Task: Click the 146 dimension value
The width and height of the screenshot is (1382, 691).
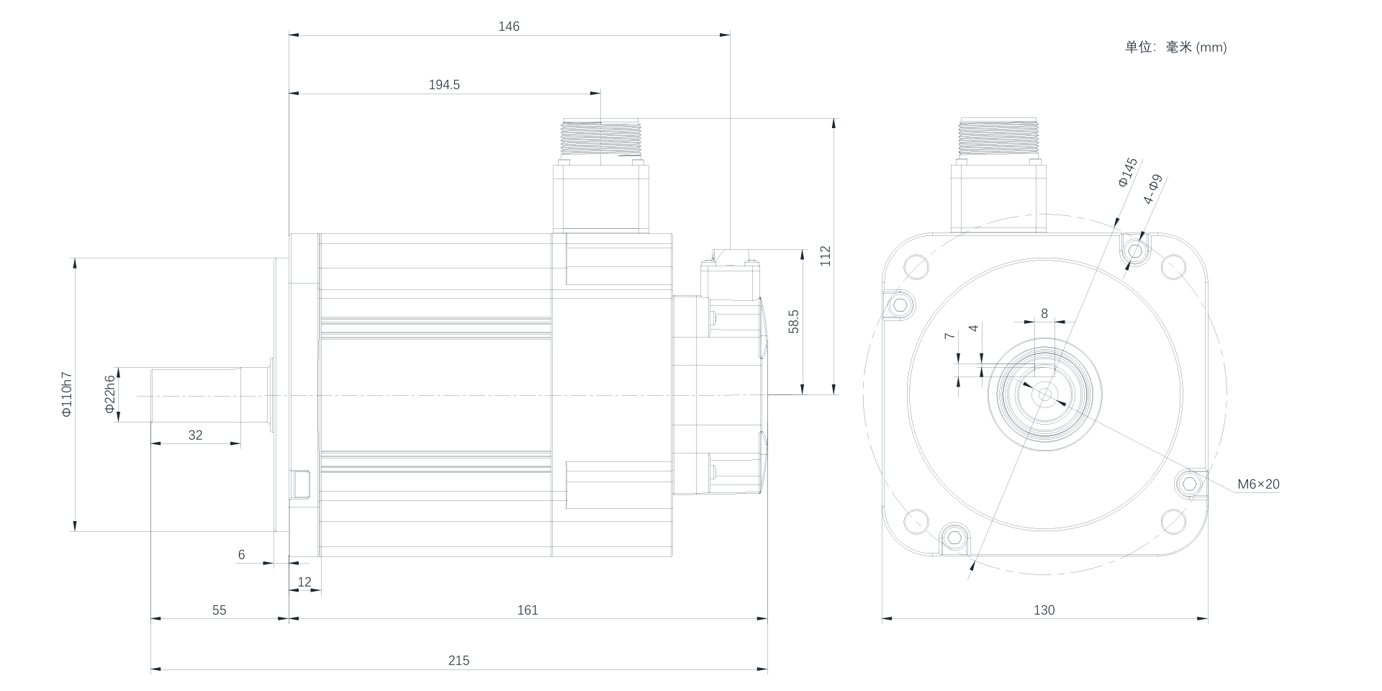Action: [508, 27]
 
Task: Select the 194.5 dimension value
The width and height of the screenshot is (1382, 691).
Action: [444, 85]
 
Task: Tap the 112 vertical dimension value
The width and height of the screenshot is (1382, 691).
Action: [826, 256]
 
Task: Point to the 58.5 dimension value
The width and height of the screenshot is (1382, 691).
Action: [793, 322]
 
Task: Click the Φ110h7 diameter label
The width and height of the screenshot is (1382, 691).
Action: [66, 394]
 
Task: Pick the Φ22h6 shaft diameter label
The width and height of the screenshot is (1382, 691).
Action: [109, 394]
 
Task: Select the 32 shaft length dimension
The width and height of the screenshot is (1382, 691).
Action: [195, 435]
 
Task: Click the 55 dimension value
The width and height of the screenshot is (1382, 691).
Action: [219, 610]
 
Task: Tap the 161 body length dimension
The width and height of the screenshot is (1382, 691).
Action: [528, 610]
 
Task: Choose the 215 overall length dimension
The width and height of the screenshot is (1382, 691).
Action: [459, 661]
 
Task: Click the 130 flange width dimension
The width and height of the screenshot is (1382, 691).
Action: [1044, 610]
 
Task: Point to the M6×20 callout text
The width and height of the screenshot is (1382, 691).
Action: [1258, 484]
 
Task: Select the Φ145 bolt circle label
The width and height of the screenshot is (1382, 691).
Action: [1127, 173]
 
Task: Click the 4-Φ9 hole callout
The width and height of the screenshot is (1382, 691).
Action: [1153, 189]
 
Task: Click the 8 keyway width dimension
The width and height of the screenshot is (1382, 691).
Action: [1044, 314]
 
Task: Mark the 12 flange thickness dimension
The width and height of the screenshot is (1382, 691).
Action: [304, 582]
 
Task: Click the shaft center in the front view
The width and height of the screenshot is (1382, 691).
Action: [1044, 394]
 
